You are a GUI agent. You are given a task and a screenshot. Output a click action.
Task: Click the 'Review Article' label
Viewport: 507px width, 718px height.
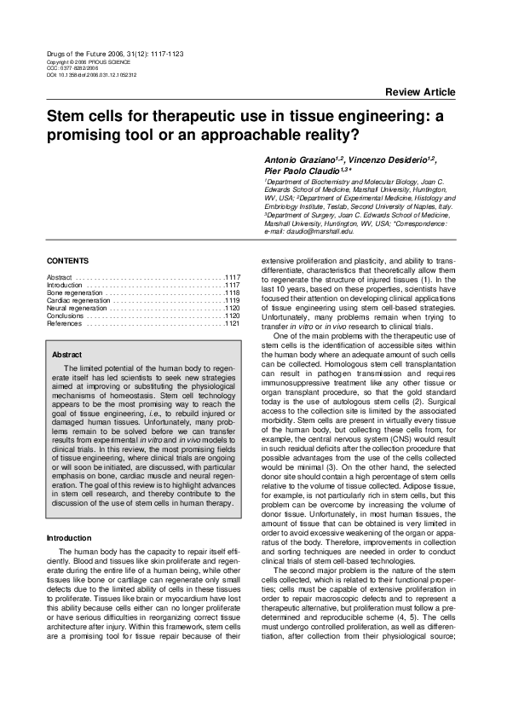point(420,92)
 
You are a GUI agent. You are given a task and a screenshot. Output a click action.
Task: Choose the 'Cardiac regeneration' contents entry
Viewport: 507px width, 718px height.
point(78,300)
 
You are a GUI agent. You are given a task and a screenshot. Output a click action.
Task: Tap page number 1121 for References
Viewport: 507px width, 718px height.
point(232,324)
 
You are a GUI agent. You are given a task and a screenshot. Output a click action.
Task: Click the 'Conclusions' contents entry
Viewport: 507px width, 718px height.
point(66,316)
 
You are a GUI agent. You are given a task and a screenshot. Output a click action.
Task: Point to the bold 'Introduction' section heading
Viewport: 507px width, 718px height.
point(70,538)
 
